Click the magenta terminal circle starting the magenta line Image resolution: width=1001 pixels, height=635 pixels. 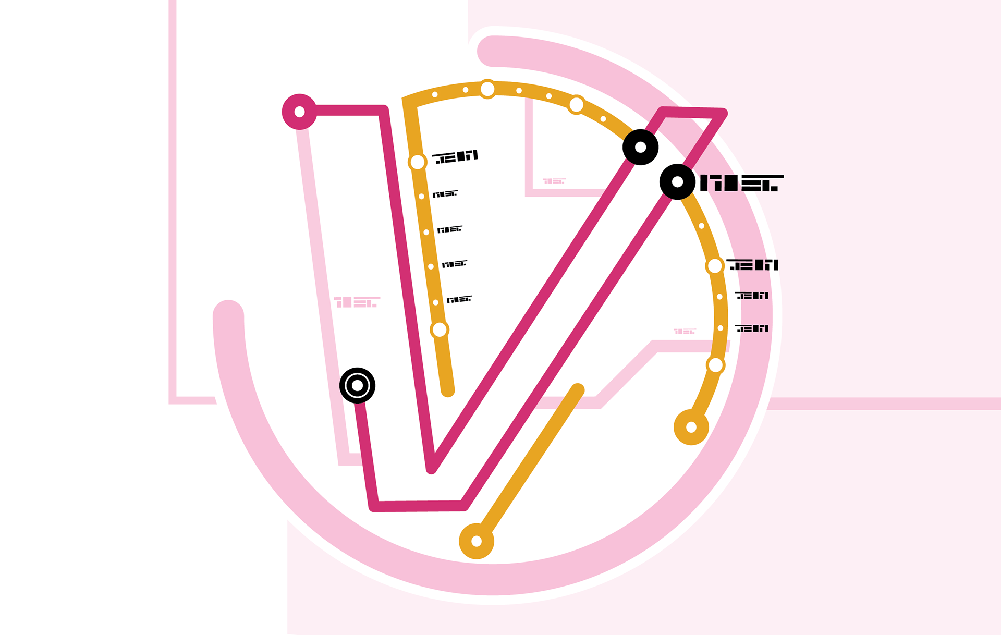click(x=299, y=112)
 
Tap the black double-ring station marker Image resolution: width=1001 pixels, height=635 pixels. click(x=357, y=385)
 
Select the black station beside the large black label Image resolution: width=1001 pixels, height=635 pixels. click(x=677, y=181)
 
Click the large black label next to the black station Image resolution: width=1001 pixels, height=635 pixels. click(x=741, y=183)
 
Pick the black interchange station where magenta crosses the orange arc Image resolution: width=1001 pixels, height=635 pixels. click(x=640, y=147)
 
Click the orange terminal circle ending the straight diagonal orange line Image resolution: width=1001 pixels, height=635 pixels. click(x=476, y=541)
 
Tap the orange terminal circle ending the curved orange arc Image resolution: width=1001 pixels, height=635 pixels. click(x=691, y=427)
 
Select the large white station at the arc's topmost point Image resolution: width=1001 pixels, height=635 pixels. click(x=487, y=89)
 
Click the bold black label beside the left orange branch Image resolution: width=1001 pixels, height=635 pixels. click(x=455, y=156)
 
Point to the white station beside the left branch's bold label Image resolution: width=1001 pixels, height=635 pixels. click(x=417, y=162)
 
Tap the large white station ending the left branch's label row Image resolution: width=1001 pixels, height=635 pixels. click(x=440, y=329)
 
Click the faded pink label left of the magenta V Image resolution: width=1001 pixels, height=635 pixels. click(x=357, y=302)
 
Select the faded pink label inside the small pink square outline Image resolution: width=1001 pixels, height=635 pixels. click(x=554, y=181)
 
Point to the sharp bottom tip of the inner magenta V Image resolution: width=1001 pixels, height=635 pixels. click(x=432, y=468)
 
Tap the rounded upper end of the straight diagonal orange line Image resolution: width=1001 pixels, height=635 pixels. click(x=577, y=389)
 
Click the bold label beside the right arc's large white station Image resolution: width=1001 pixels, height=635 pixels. click(x=752, y=265)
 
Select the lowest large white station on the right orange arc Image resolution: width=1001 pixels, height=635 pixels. click(x=715, y=365)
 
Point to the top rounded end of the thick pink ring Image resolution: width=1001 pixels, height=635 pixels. click(x=492, y=51)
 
